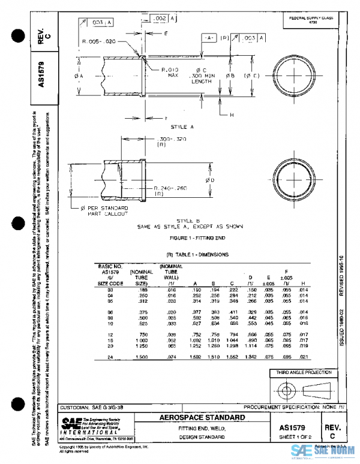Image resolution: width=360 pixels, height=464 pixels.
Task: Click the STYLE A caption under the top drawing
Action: [x=182, y=128]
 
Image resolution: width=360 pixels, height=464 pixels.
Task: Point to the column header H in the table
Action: [x=304, y=283]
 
